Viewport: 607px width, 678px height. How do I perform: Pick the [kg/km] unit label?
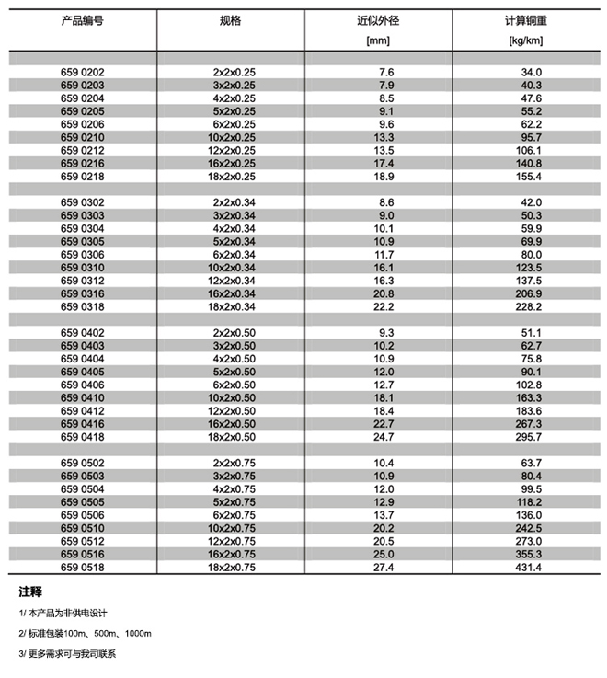pos(528,40)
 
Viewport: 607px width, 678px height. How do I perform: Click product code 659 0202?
pos(83,72)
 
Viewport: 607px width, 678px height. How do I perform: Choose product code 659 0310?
pos(83,268)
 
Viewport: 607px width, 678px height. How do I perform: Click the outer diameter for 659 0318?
pos(385,306)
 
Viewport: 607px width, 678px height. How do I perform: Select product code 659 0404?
pos(83,359)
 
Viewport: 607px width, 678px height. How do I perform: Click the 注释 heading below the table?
pos(31,592)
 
